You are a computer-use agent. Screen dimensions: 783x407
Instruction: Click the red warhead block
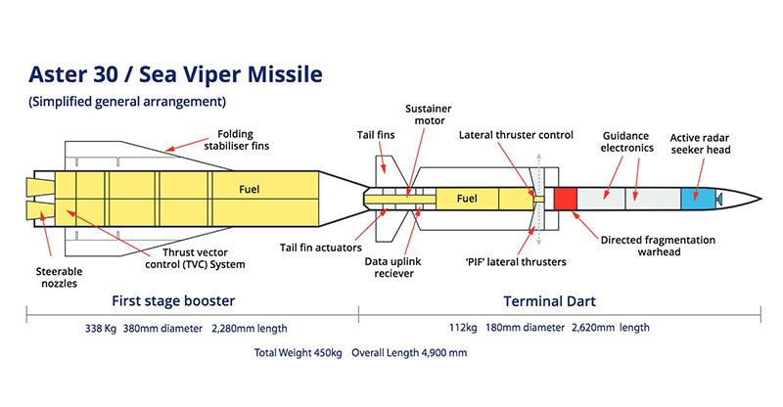[566, 199]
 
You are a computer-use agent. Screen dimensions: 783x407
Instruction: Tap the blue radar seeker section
[698, 199]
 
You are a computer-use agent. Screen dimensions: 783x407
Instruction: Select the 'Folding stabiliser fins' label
[236, 140]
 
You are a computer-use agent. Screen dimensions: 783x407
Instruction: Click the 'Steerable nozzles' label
[59, 277]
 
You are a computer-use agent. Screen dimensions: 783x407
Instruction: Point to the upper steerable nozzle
[41, 187]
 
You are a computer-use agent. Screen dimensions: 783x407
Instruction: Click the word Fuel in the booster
[250, 189]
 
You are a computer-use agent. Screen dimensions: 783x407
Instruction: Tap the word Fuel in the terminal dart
[467, 199]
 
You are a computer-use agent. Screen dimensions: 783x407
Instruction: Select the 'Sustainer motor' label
[429, 114]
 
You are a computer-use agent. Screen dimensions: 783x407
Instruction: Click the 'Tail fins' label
[376, 135]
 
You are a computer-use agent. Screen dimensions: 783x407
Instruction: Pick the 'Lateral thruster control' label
[516, 135]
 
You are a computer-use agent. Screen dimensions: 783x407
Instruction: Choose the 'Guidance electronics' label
[626, 142]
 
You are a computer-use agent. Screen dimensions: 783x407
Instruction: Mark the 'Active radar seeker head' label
[700, 143]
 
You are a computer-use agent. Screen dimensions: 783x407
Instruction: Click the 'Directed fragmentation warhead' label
[658, 246]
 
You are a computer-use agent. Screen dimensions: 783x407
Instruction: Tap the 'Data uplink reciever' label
[393, 267]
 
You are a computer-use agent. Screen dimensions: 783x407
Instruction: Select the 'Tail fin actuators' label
[321, 248]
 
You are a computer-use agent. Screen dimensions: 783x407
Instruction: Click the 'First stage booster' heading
[173, 300]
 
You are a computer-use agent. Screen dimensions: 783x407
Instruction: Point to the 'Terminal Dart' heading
[549, 301]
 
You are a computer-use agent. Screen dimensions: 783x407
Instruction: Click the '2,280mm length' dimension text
[250, 329]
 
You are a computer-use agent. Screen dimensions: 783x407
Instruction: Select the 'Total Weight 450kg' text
[299, 352]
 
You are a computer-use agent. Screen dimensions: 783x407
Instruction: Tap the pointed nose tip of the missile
[761, 199]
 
